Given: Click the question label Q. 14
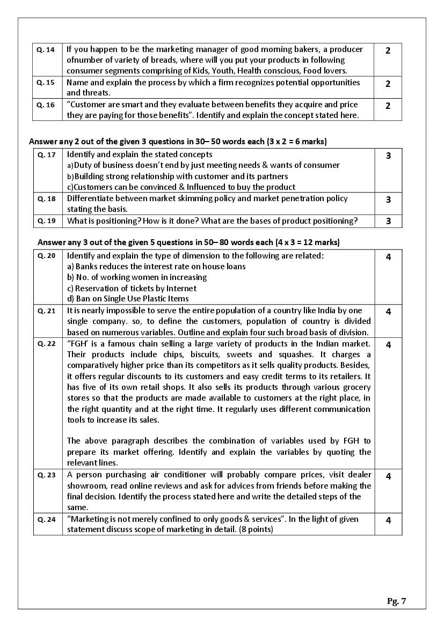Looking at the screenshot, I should tap(46, 49).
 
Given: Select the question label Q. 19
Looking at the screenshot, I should tap(46, 220).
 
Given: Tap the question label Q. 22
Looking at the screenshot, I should tap(46, 343).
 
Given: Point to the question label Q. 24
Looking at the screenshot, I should tap(46, 519).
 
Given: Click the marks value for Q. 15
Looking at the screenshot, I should tap(388, 84).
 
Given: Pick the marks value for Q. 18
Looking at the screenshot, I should tap(388, 200).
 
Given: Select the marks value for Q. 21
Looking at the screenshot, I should tap(388, 312).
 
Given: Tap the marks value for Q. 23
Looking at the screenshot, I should tap(388, 476).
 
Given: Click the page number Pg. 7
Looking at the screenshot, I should tap(396, 601).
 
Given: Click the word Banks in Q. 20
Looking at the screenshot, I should tap(86, 266).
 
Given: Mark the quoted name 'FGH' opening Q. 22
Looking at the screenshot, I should tap(77, 343).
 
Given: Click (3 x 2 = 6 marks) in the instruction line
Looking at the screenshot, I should tap(296, 142).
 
